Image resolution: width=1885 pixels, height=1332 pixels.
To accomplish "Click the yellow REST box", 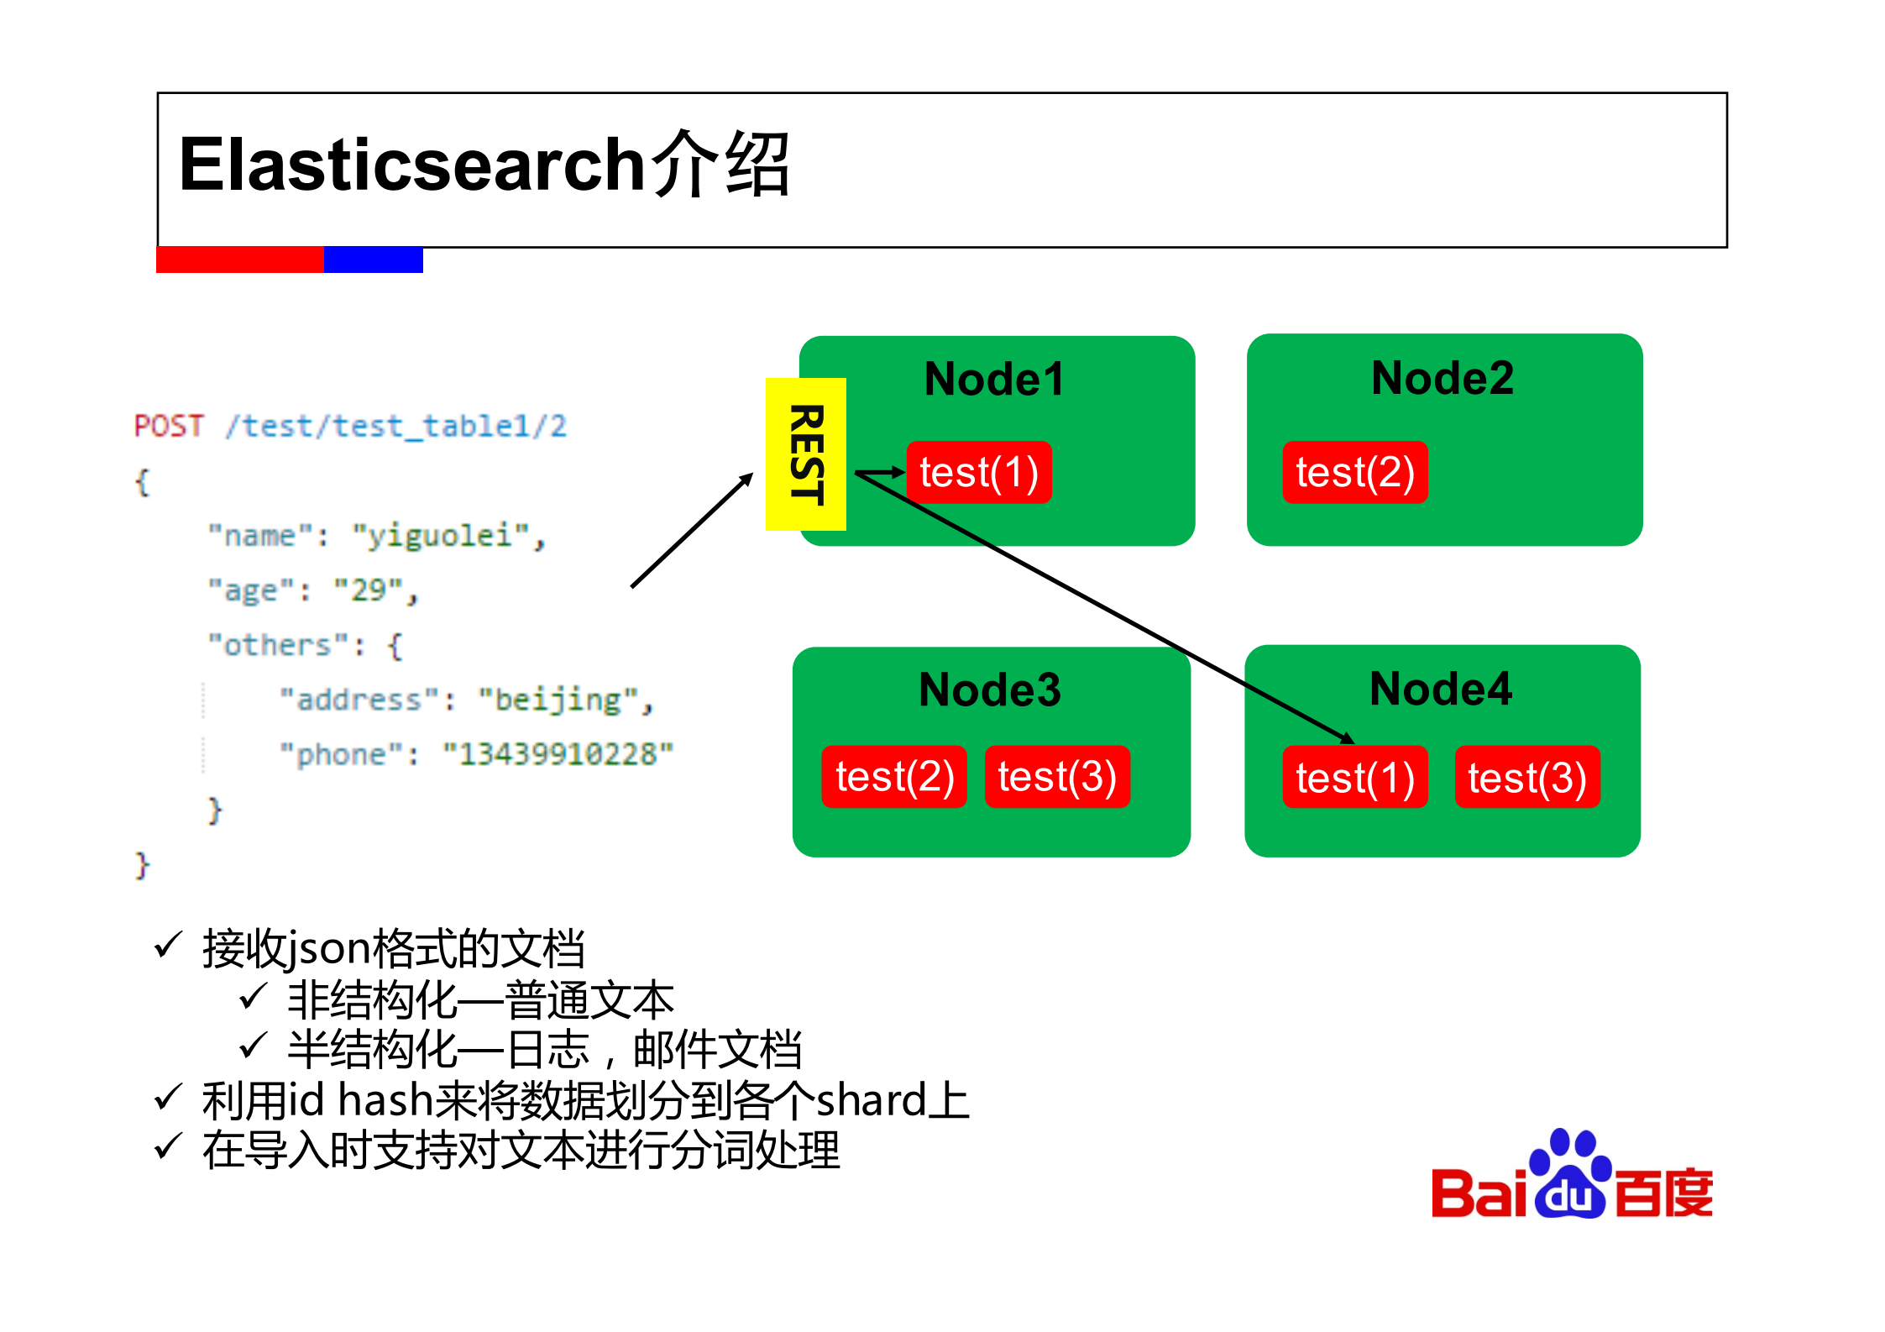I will pyautogui.click(x=805, y=454).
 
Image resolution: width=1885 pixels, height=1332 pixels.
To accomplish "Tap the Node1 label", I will pyautogui.click(x=994, y=379).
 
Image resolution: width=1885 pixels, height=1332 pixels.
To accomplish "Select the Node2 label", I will pyautogui.click(x=1442, y=378).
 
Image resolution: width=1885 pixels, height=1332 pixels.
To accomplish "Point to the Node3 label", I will pyautogui.click(x=990, y=690).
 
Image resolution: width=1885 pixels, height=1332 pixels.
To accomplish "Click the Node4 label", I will pyautogui.click(x=1440, y=689).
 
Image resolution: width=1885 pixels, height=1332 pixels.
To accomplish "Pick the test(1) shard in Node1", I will pyautogui.click(x=979, y=473).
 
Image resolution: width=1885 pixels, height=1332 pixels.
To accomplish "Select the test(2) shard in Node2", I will pyautogui.click(x=1354, y=473).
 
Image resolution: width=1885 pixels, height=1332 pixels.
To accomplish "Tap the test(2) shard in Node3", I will pyautogui.click(x=894, y=777).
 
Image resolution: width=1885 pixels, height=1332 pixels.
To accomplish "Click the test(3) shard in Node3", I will pyautogui.click(x=1057, y=777).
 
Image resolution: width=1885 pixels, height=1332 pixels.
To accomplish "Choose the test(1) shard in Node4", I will pyautogui.click(x=1354, y=778).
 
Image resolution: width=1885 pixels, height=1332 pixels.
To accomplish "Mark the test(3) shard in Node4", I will pyautogui.click(x=1526, y=778).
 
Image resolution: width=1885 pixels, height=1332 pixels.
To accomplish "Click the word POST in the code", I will pyautogui.click(x=169, y=426).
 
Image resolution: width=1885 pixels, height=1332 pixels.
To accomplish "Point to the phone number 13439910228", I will pyautogui.click(x=558, y=754).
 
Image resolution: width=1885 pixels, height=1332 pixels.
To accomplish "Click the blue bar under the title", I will pyautogui.click(x=373, y=260).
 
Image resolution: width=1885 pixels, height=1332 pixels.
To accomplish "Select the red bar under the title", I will pyautogui.click(x=240, y=260).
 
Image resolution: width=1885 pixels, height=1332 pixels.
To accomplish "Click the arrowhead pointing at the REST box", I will pyautogui.click(x=746, y=480).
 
